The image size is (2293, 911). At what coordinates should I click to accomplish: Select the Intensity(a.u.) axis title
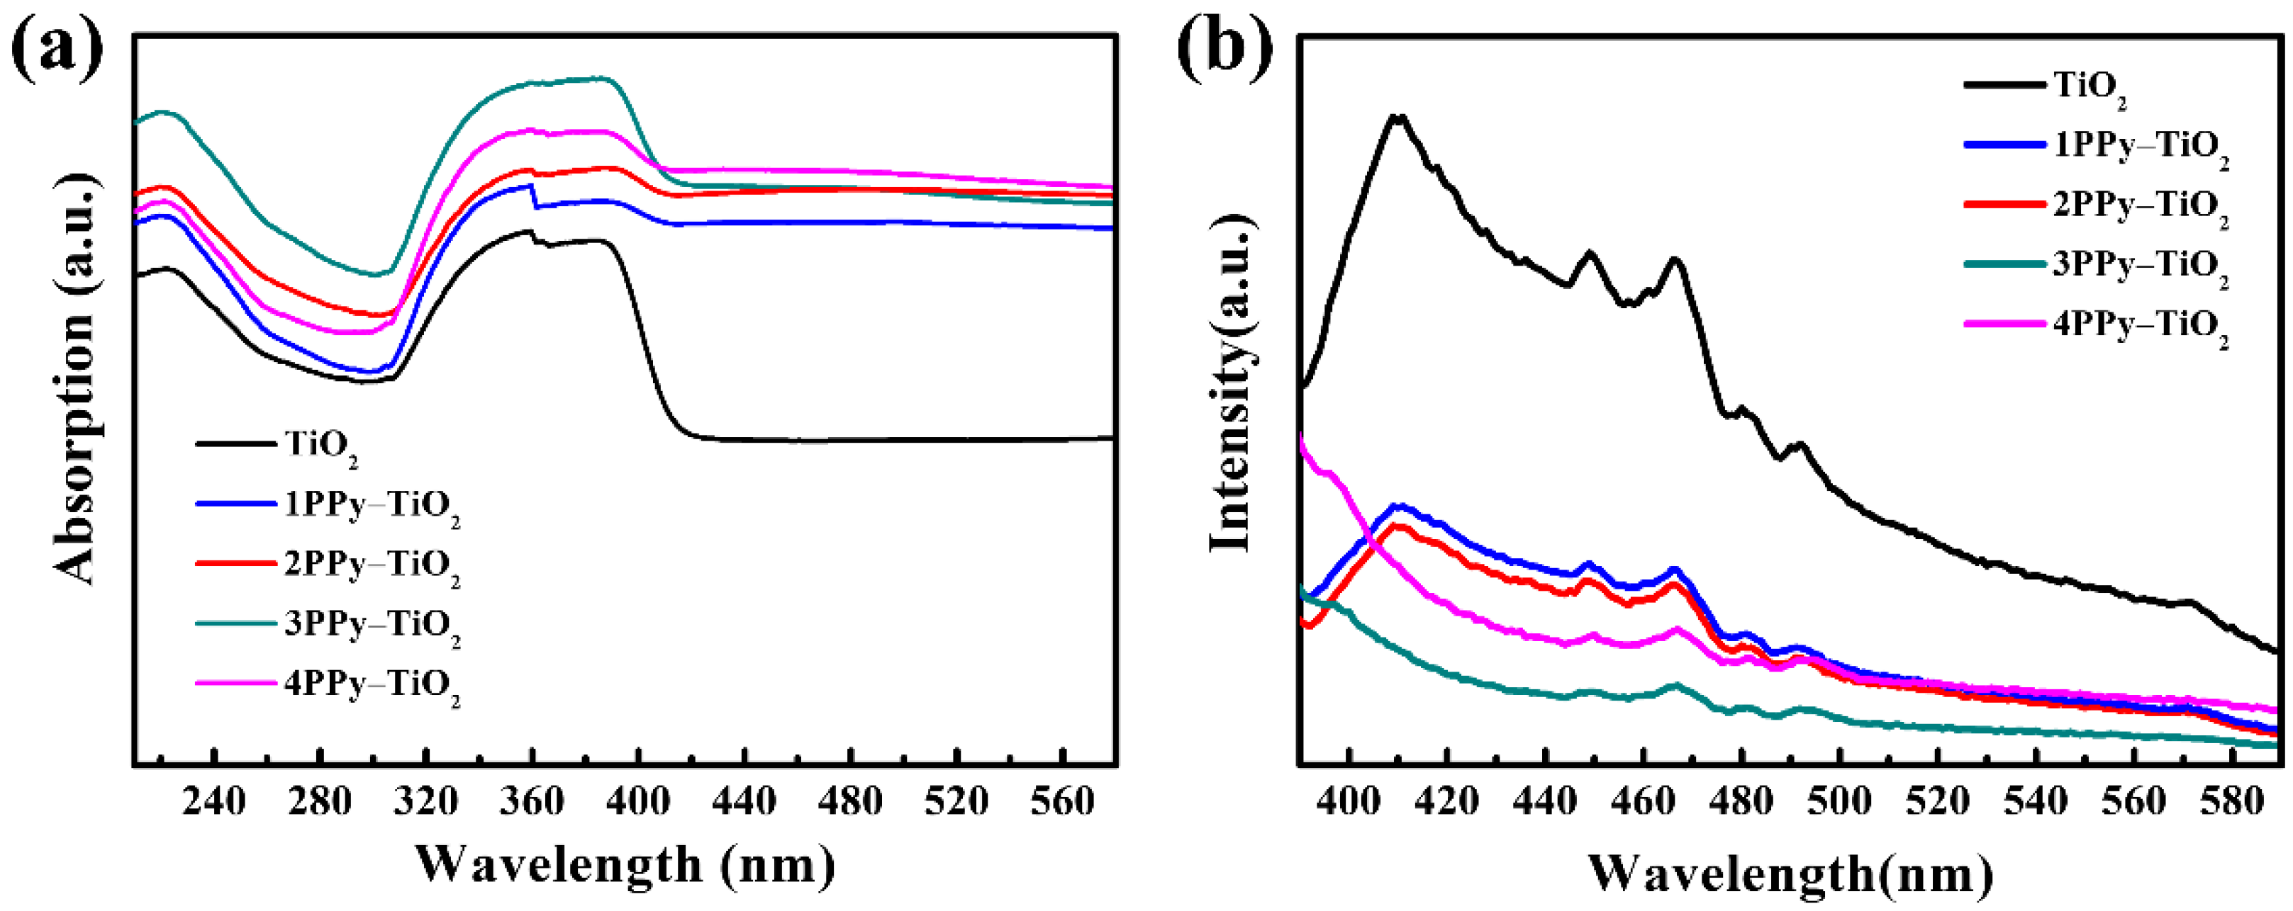click(1232, 383)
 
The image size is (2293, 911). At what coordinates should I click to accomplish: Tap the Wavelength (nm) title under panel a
click(626, 864)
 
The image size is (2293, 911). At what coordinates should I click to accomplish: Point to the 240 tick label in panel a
click(213, 802)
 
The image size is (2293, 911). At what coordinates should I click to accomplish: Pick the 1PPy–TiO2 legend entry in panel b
click(2140, 146)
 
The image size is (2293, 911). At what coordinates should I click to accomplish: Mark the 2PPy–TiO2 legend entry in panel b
click(2140, 205)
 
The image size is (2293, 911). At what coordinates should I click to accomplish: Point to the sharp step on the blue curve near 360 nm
click(534, 196)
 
